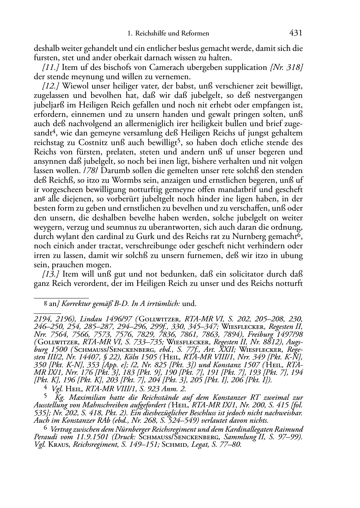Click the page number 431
point(296,33)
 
